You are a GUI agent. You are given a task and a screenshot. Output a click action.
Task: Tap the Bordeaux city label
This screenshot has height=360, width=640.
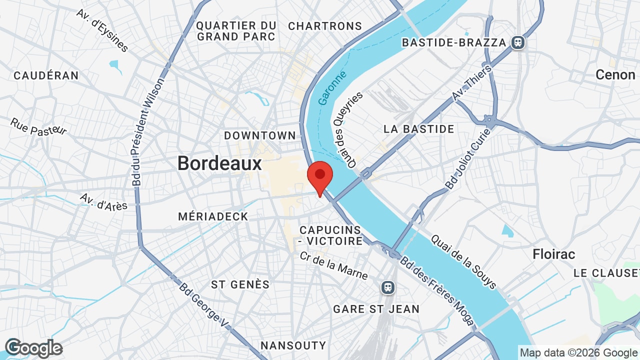point(219,163)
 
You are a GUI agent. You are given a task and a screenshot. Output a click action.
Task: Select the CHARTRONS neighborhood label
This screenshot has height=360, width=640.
point(325,26)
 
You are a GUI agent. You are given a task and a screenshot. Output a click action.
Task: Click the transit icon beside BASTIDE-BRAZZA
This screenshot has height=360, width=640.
point(518,42)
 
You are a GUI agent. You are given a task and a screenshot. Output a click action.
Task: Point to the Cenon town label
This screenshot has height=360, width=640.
point(615,75)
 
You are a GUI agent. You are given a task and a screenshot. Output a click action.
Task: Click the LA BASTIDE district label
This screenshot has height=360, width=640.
point(419,129)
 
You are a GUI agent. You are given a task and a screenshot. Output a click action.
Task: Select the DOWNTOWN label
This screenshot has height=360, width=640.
point(260,135)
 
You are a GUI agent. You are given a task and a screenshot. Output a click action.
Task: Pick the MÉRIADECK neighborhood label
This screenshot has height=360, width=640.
point(213,216)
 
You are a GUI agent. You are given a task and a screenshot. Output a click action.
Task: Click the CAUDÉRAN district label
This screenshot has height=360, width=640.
point(46,75)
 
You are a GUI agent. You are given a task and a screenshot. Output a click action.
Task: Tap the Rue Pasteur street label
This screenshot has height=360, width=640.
point(38,127)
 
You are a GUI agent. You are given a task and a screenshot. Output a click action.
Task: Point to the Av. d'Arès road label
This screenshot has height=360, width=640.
point(103,201)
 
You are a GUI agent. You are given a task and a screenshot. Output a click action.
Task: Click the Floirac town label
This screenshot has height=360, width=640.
point(554,254)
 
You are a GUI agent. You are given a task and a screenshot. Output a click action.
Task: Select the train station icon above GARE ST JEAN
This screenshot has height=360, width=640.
point(387,287)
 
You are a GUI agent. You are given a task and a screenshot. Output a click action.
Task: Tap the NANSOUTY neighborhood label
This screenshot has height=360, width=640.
point(293,345)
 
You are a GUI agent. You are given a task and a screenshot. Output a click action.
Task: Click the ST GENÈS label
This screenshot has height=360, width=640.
point(240,284)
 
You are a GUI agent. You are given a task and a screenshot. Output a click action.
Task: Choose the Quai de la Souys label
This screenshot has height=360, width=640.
point(463,262)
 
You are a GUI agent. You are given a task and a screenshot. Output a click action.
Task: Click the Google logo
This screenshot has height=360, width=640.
point(33,348)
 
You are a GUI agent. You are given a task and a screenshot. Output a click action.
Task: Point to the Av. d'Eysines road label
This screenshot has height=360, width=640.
point(102,30)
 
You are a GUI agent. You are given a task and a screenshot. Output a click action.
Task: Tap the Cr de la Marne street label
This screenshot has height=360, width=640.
point(333,265)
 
